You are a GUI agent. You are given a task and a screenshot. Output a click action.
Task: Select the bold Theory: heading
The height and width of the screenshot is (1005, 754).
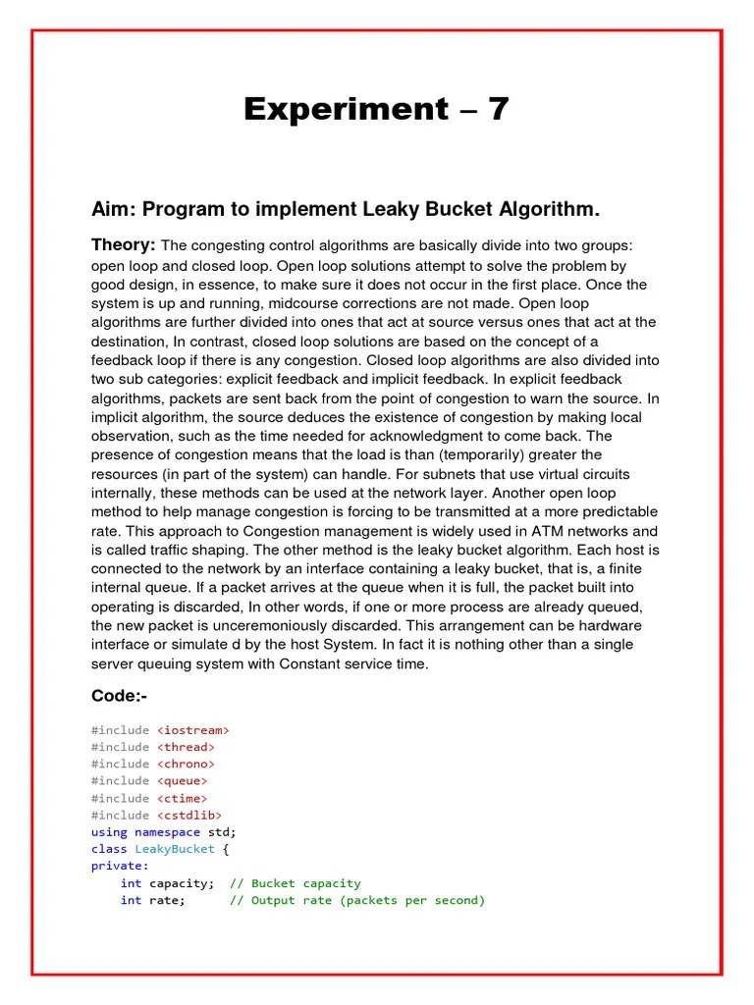coord(124,243)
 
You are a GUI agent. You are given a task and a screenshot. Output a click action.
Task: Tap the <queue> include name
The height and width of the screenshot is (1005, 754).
coord(182,781)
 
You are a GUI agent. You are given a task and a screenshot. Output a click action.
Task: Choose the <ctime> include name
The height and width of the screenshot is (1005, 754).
coord(182,798)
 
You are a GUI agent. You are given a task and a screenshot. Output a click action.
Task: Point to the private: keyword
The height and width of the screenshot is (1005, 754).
coord(120,866)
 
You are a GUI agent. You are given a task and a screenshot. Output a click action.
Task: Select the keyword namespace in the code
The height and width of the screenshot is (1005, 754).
coord(167,831)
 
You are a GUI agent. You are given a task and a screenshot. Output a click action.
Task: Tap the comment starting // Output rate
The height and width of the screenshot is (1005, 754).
coord(357,900)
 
